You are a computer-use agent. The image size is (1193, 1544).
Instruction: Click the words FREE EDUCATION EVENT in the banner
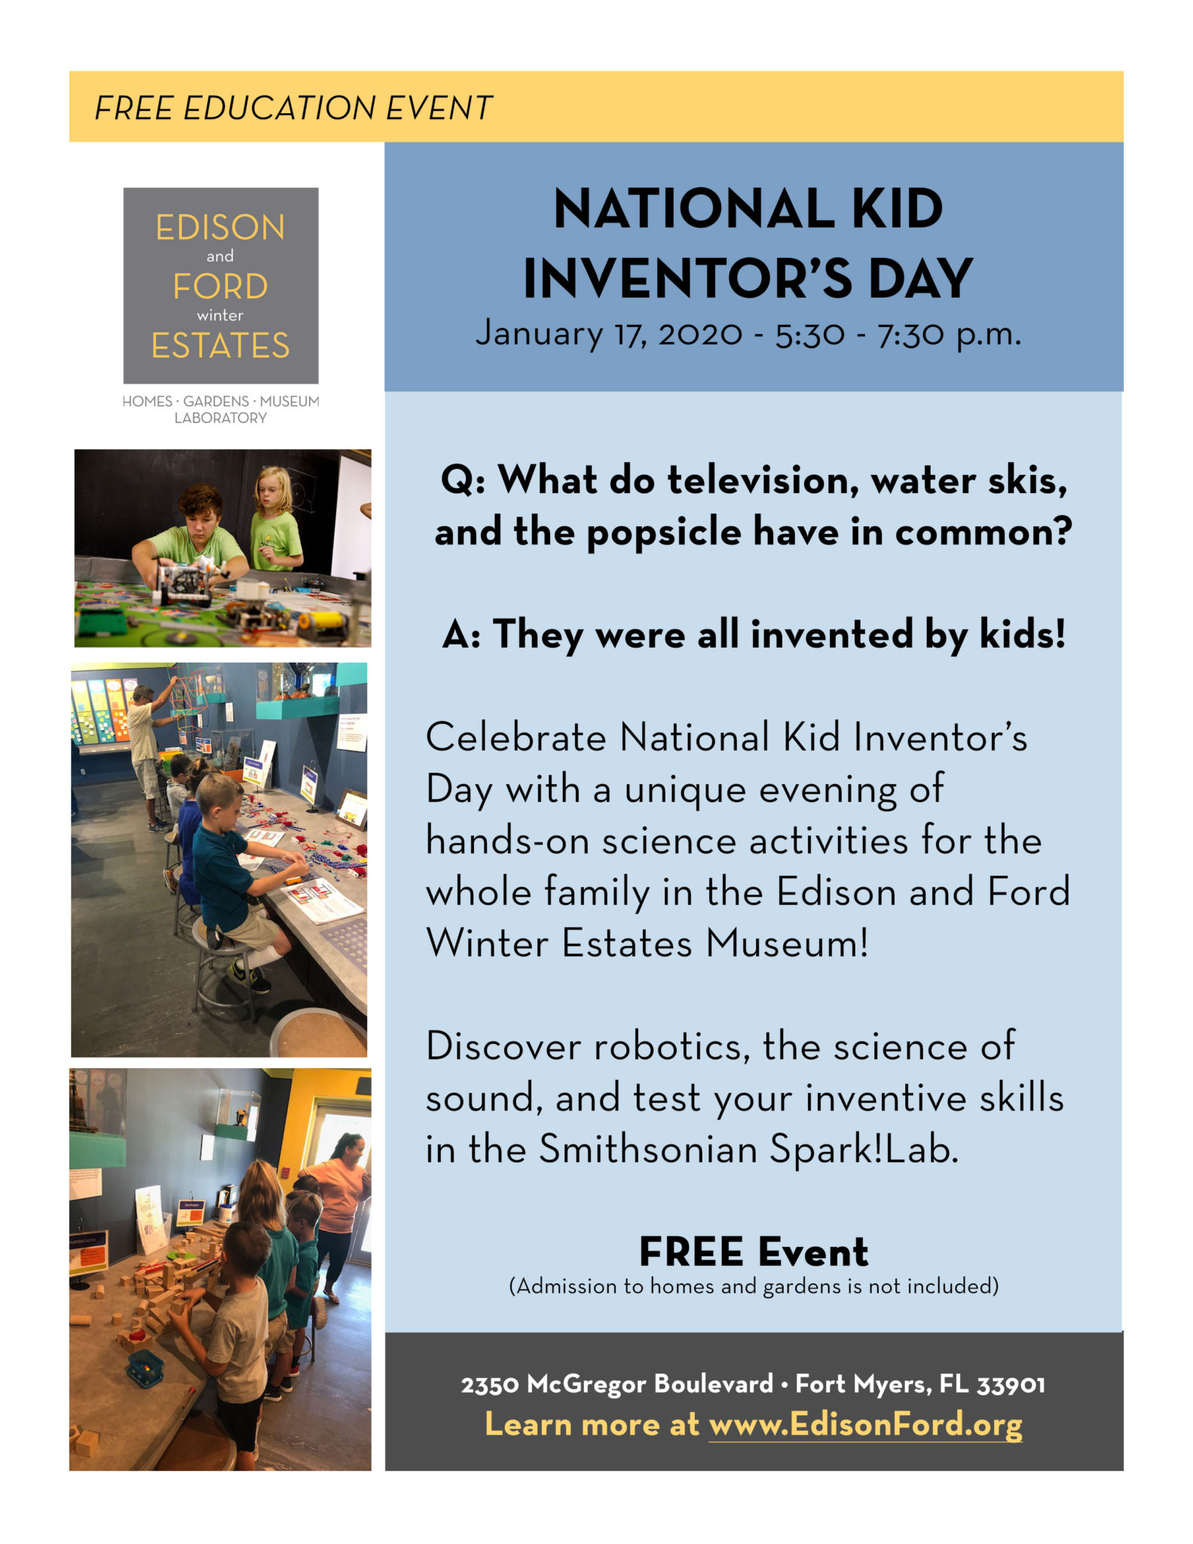click(x=293, y=108)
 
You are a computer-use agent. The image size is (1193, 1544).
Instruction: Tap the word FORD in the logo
click(x=221, y=286)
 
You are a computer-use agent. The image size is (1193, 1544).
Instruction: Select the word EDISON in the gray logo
click(x=221, y=228)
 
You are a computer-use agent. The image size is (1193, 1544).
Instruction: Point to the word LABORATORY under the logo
click(x=221, y=418)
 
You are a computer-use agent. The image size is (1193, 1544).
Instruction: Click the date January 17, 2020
click(x=609, y=334)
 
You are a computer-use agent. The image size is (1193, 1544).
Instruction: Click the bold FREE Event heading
click(x=754, y=1252)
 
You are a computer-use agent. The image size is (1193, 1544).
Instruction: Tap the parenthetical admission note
click(x=754, y=1286)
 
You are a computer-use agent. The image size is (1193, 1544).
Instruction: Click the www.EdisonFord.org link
click(x=865, y=1425)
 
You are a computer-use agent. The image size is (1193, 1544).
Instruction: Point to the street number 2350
click(x=490, y=1385)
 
